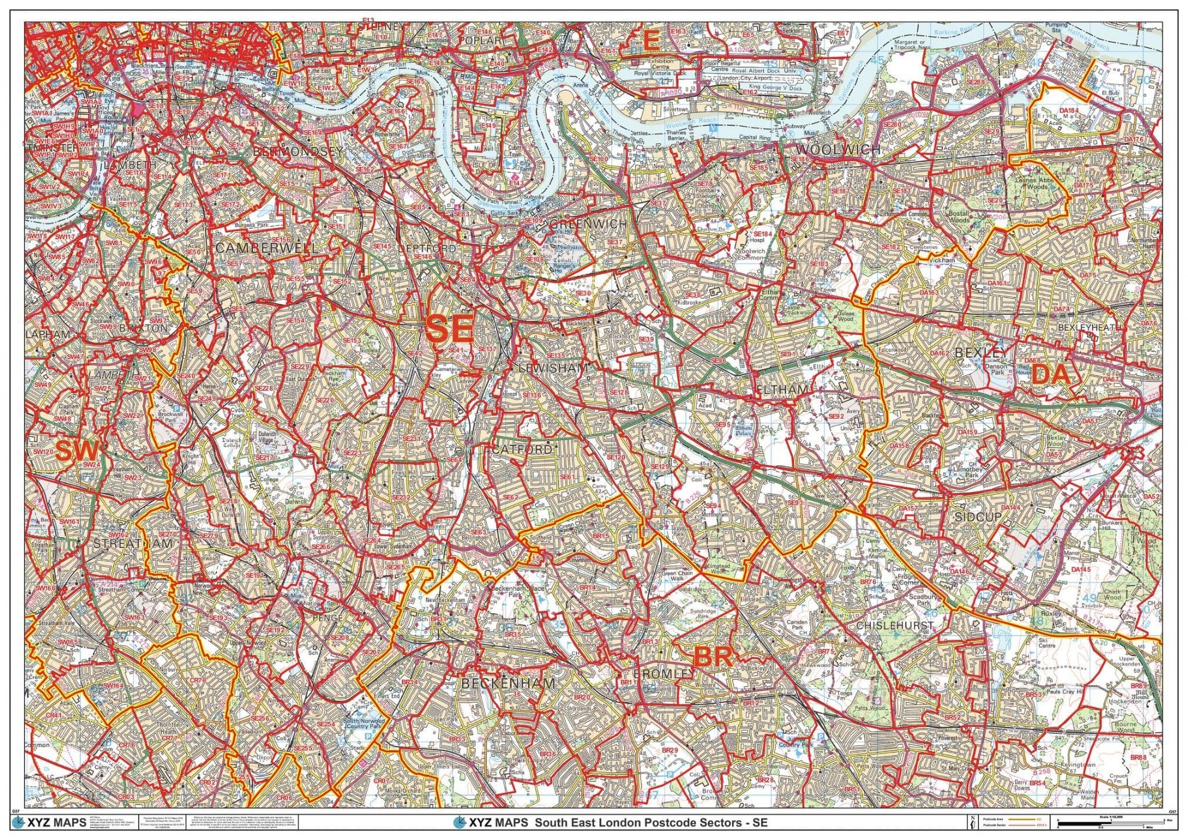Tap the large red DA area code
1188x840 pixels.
click(1051, 375)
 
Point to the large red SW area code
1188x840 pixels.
click(77, 451)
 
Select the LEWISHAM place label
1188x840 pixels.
click(554, 368)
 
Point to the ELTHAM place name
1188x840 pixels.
click(783, 390)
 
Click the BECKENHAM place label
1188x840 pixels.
click(508, 683)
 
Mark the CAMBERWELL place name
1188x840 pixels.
click(266, 248)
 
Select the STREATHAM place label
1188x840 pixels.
click(133, 544)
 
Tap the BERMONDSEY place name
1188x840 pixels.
click(298, 151)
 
